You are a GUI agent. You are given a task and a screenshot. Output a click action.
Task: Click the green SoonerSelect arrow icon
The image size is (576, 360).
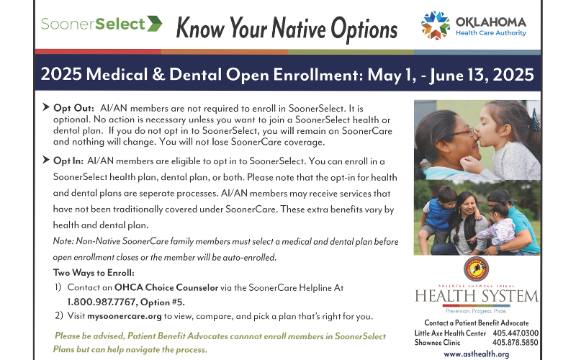[x=155, y=24]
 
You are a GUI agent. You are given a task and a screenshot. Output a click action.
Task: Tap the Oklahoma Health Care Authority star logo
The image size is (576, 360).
[x=436, y=25]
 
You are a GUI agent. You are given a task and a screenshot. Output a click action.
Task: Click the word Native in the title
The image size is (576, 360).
[x=299, y=29]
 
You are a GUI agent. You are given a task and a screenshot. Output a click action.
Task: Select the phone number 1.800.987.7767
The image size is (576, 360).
[x=102, y=302]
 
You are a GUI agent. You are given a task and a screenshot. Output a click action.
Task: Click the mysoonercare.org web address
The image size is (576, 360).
[x=124, y=316]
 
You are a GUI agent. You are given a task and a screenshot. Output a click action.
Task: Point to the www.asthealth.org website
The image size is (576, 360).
[x=477, y=354]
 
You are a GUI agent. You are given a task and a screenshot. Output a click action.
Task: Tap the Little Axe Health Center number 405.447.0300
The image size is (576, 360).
[x=516, y=333]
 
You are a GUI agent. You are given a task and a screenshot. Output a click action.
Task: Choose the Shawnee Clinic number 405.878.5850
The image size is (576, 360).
[x=515, y=343]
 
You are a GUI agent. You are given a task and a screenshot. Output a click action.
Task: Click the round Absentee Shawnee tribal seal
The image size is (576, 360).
[x=476, y=269]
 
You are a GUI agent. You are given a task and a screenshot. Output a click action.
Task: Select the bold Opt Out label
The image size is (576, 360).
[x=74, y=108]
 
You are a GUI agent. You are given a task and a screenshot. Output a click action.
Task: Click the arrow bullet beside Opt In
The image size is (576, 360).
[x=46, y=160]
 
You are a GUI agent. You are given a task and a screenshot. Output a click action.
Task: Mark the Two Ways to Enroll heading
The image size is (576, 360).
[x=94, y=273]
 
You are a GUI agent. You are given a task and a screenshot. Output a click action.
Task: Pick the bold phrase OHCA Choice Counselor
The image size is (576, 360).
[x=166, y=287]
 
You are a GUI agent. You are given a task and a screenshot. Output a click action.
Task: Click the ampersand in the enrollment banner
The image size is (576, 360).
[x=158, y=74]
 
